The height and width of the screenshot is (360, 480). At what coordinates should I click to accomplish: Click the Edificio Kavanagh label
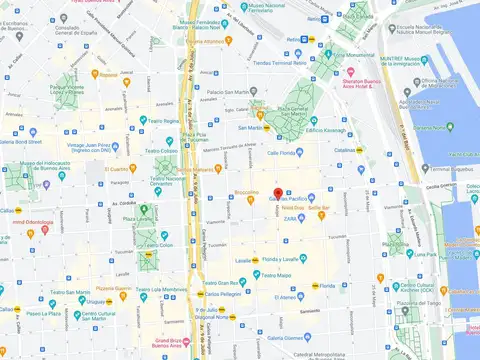tap(326, 131)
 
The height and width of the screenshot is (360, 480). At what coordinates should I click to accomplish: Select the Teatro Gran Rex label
tap(232, 269)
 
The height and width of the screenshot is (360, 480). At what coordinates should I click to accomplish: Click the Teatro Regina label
tap(161, 120)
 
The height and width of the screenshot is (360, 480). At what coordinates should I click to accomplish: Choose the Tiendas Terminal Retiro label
tap(275, 62)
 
